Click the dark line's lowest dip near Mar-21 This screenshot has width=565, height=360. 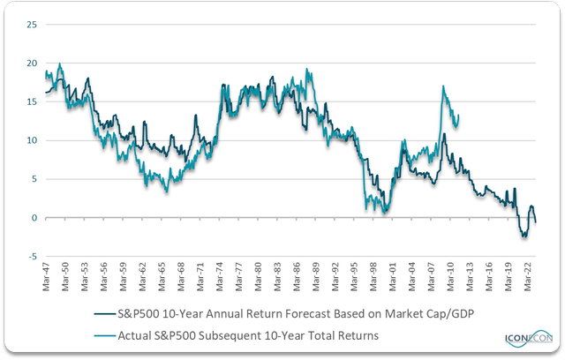(x=524, y=237)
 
